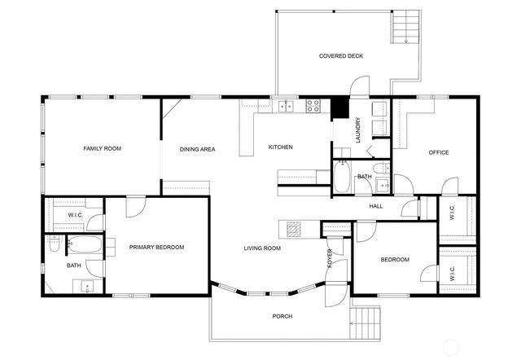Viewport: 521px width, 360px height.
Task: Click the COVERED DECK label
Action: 340,56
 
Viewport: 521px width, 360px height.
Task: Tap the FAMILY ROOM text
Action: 102,148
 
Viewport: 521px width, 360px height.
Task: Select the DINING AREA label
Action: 197,149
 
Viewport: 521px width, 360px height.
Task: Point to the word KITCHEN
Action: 281,147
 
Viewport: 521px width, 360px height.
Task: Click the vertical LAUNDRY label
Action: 357,130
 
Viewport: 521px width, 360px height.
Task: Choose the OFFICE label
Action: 439,152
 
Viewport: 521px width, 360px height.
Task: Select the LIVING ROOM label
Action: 262,248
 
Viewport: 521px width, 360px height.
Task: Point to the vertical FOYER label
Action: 330,259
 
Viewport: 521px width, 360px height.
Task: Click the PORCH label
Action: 282,316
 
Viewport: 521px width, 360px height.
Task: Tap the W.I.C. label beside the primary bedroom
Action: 76,215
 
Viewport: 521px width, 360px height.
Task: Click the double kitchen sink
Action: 285,105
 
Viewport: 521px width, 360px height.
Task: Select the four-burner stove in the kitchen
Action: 313,105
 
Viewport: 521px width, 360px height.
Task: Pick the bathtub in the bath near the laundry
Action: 342,178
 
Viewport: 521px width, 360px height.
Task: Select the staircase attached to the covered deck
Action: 405,28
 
